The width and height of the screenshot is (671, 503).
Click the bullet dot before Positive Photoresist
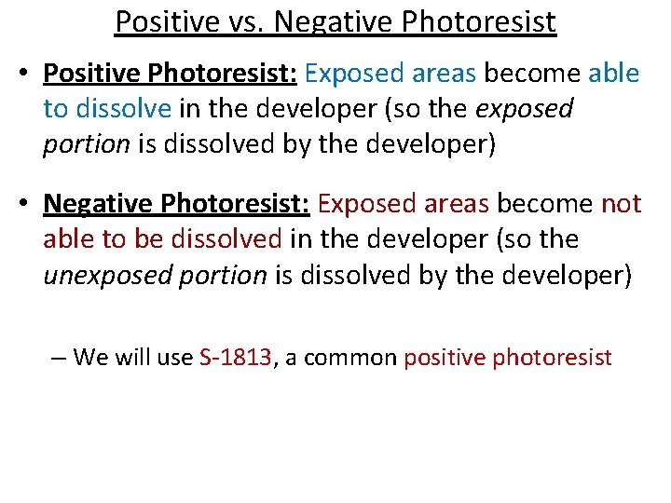(29, 73)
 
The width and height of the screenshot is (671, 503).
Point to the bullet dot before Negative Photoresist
(29, 204)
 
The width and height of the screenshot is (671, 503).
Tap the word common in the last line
(350, 357)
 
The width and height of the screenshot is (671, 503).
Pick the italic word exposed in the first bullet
(525, 108)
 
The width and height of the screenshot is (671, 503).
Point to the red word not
(621, 203)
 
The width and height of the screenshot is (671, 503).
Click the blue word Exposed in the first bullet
(346, 72)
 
